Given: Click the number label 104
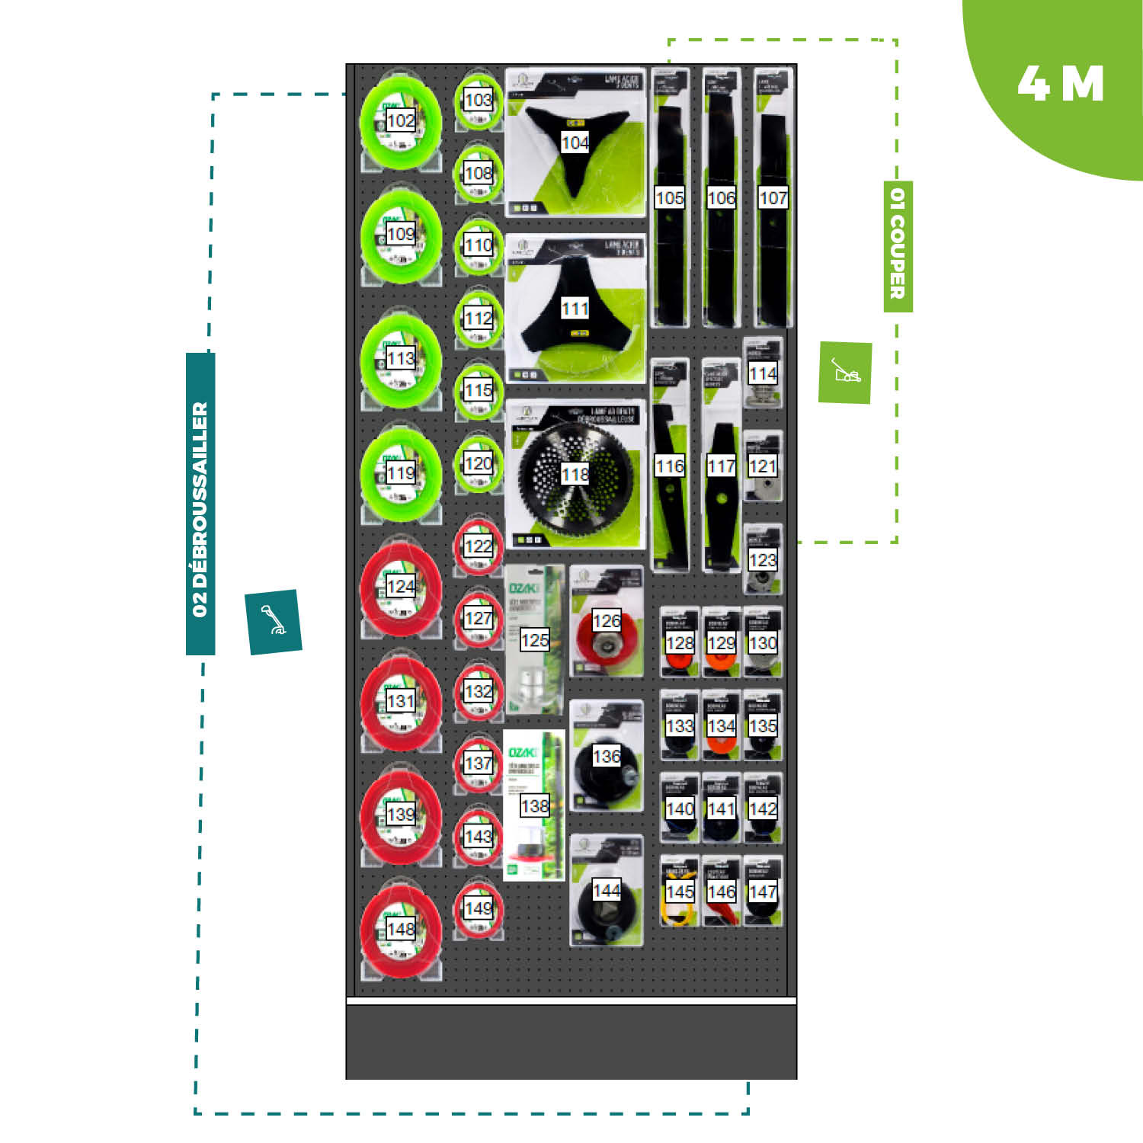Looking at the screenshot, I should (575, 142).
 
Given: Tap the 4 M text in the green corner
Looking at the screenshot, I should (1060, 84).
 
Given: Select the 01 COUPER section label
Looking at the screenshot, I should (898, 246).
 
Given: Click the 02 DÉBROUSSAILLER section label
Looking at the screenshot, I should (200, 504).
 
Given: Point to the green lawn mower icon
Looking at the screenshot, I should (845, 373).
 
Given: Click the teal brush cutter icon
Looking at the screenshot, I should (274, 621).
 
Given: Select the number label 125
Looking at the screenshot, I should (534, 640).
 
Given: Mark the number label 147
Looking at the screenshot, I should (763, 892).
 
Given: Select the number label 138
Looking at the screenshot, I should (534, 805).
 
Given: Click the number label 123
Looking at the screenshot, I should (763, 560).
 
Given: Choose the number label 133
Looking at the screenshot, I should (680, 726).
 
